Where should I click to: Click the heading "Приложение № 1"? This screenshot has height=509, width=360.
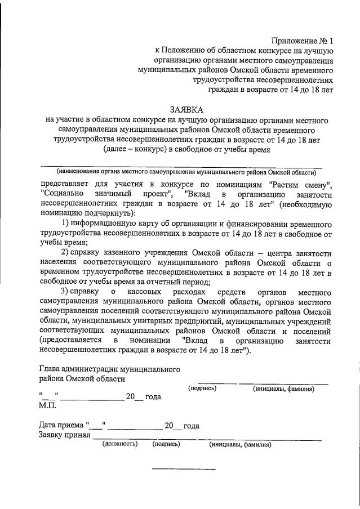(x=303, y=41)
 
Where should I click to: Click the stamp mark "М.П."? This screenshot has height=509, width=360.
(x=49, y=405)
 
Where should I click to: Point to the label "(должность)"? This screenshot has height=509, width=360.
(x=119, y=444)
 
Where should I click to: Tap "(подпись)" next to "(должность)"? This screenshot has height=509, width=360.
(x=166, y=444)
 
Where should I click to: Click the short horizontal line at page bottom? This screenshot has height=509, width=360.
(x=184, y=469)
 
